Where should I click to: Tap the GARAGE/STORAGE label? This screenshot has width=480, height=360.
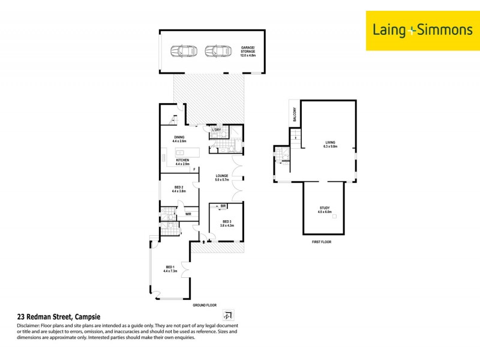click(x=248, y=50)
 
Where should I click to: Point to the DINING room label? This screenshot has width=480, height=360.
click(x=179, y=137)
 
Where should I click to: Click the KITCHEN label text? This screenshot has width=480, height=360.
click(x=182, y=160)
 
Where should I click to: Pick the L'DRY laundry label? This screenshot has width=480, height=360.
click(x=217, y=130)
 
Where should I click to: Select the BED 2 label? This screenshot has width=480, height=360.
click(x=179, y=187)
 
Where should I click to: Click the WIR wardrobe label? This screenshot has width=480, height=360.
click(x=188, y=214)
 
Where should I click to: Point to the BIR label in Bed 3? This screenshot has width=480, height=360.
click(x=223, y=206)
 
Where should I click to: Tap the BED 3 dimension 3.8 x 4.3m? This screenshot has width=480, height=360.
click(x=226, y=225)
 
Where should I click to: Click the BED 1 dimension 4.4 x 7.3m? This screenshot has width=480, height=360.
click(x=170, y=271)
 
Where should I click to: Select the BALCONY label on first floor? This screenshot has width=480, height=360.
click(x=295, y=114)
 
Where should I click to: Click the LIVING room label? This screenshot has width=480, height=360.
click(x=331, y=142)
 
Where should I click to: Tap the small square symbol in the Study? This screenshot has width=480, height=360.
click(x=335, y=216)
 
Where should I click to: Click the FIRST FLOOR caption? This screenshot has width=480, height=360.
click(x=321, y=241)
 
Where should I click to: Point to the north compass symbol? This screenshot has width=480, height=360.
click(x=227, y=315)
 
